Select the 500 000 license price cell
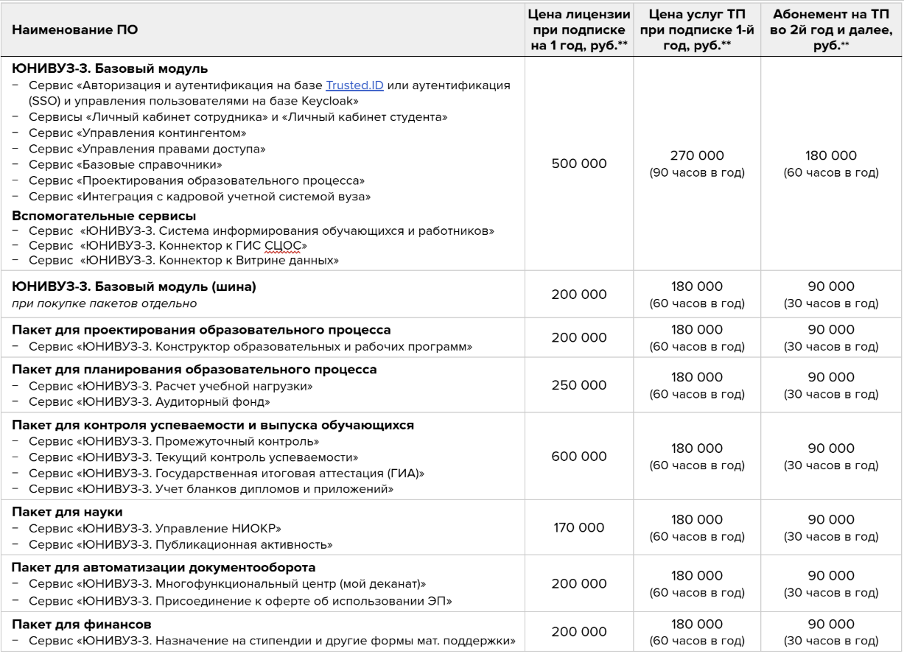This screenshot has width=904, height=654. tap(579, 163)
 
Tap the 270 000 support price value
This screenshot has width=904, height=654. tap(693, 155)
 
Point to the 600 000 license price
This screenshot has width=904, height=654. tap(579, 456)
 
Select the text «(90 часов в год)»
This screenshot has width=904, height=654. tap(693, 173)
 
